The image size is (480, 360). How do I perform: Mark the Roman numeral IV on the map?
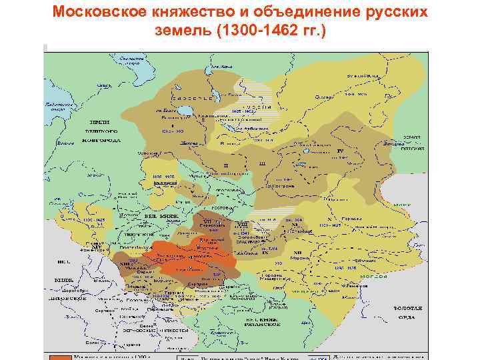340,151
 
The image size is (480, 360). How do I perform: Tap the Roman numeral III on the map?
261,163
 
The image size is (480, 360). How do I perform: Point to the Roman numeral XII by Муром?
297,252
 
